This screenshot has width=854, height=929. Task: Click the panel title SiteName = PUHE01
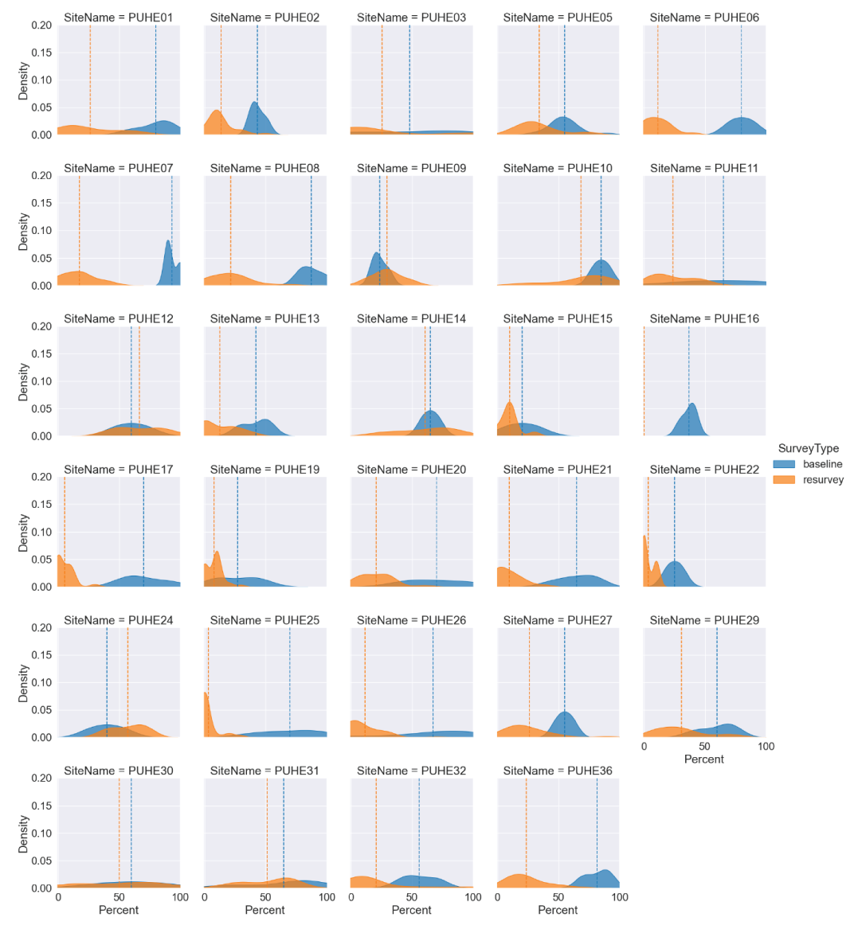pos(118,17)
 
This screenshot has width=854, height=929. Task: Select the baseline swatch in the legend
pos(784,464)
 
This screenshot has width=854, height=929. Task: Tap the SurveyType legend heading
pos(808,448)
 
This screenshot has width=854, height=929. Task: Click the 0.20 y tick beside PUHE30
pos(41,778)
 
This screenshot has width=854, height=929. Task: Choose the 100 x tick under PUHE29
pos(766,747)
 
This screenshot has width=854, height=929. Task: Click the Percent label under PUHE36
pos(558,910)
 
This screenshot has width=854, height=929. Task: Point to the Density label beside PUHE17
pos(23,532)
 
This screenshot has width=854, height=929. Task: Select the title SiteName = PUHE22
pos(704,469)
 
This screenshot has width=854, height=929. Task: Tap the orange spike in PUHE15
pos(510,410)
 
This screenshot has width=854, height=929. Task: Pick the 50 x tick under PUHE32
pos(412,897)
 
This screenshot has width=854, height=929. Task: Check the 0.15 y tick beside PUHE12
pos(41,353)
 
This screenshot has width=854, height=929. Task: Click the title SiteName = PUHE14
pos(411,318)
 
